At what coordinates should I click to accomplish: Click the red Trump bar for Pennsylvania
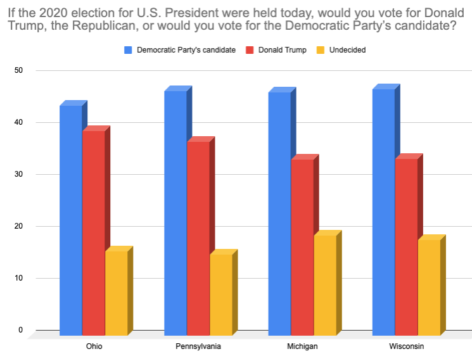point(198,238)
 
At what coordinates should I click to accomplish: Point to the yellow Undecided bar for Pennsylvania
point(221,294)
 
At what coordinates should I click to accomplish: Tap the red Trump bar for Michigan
point(302,247)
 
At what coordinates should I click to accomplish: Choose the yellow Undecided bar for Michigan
point(325,285)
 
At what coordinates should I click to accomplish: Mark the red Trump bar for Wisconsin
point(406,247)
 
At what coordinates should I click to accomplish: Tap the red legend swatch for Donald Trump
point(250,50)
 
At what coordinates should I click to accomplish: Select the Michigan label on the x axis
point(302,347)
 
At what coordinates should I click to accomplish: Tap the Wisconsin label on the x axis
point(406,347)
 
